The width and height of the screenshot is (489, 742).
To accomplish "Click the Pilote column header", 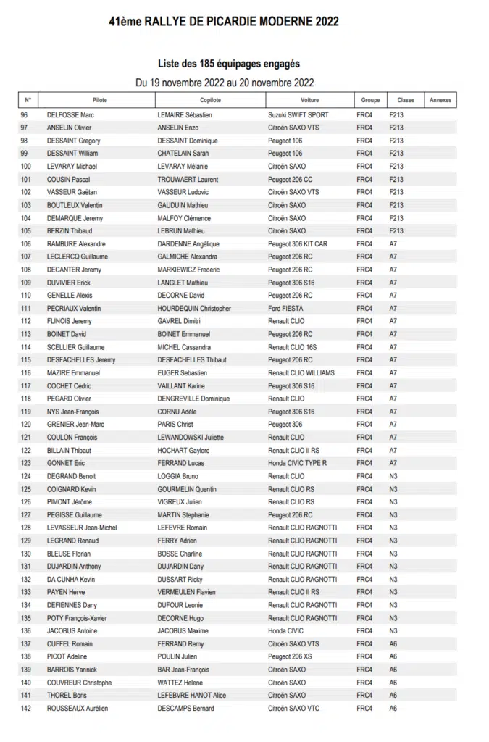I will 100,100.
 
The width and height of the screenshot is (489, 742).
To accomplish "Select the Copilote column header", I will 210,100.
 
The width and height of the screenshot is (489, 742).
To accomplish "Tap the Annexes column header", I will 440,100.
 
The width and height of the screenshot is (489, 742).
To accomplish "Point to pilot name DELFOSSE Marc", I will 71,115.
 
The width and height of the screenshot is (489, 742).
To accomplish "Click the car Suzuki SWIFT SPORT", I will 298,115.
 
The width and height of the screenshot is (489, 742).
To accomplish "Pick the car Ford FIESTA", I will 285,309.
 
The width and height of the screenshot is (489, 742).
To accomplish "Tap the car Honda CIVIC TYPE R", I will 297,463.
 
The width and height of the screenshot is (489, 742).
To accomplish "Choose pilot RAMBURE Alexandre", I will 76,244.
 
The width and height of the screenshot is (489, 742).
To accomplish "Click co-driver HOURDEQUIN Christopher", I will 194,309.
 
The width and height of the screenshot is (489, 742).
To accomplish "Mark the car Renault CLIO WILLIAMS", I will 301,373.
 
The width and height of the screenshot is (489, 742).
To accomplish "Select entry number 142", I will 26,708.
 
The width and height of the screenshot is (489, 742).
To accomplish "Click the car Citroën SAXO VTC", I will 293,708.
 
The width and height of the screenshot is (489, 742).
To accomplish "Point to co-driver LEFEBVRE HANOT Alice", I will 191,696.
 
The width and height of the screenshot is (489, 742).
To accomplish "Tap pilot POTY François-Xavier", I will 78,618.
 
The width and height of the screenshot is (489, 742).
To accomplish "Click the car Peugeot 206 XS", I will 291,656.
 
